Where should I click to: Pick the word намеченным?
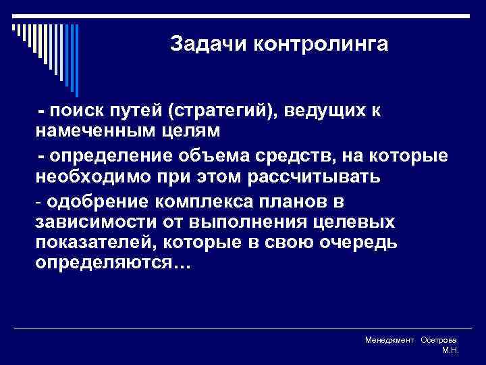point(88,128)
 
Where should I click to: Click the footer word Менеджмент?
point(389,341)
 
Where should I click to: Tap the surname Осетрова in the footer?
point(439,341)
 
